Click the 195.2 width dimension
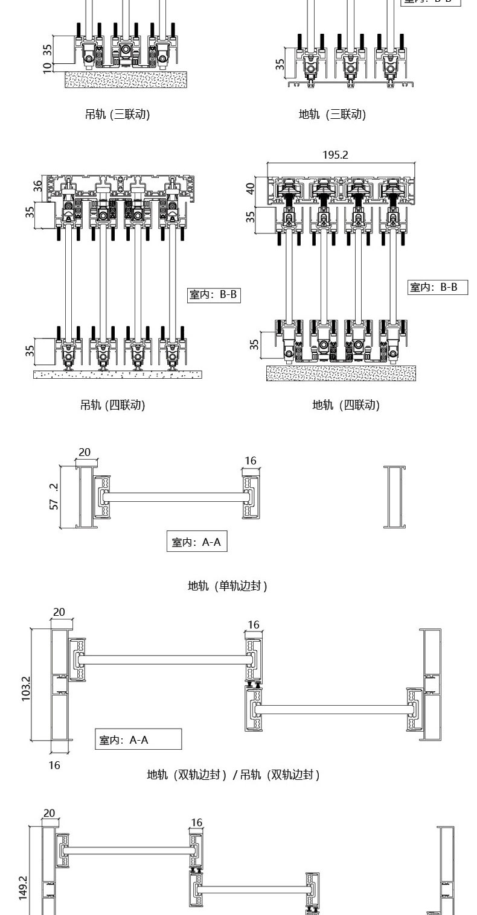335,155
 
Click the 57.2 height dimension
54,495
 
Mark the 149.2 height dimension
23,888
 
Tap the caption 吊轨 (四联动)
113,405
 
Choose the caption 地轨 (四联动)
345,405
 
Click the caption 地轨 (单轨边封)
227,586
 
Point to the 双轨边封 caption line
233,774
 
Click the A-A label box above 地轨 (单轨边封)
196,542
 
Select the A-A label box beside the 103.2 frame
138,739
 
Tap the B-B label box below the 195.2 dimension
438,287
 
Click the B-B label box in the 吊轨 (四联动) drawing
214,295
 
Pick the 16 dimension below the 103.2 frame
54,765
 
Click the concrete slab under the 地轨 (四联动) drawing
341,373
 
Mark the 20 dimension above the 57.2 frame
85,452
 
